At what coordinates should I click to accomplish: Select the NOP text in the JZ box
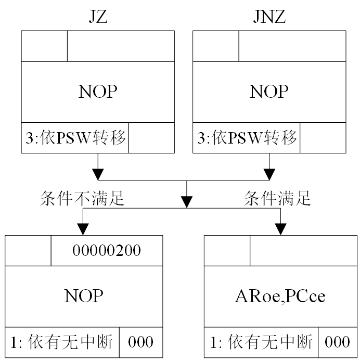(x=97, y=92)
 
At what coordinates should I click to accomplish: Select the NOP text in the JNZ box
(x=269, y=92)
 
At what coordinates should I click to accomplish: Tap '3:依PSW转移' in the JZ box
(x=75, y=138)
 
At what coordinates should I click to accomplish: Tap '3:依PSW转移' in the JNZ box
(x=247, y=138)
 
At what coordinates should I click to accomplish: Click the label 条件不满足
(x=82, y=198)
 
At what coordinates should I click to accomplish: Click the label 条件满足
(x=277, y=198)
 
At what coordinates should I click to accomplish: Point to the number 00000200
(x=107, y=251)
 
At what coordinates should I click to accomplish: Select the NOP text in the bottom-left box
(x=84, y=296)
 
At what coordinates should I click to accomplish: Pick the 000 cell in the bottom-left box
(x=140, y=342)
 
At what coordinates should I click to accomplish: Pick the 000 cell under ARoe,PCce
(x=338, y=342)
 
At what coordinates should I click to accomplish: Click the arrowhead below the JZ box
(x=97, y=173)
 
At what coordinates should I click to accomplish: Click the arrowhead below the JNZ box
(x=269, y=173)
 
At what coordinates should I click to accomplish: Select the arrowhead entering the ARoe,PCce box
(x=281, y=229)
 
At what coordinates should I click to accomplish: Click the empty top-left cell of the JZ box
(x=44, y=46)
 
